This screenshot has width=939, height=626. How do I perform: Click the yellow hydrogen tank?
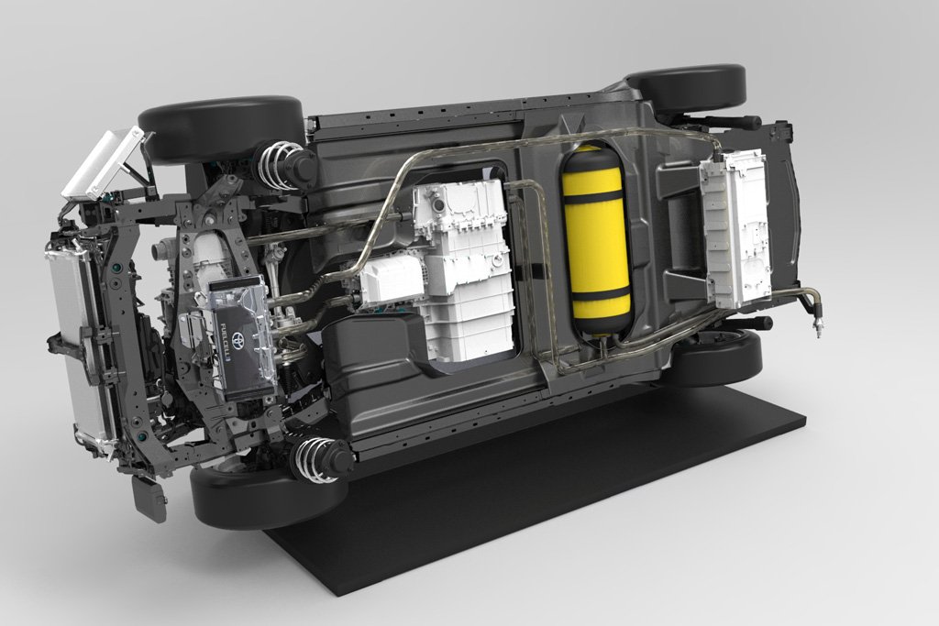(598, 243)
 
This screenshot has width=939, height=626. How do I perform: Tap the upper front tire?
(220, 128)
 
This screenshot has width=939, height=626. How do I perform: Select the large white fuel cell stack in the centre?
(463, 266)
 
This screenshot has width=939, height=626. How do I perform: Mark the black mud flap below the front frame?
(149, 498)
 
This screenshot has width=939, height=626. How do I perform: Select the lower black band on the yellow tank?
(602, 293)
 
